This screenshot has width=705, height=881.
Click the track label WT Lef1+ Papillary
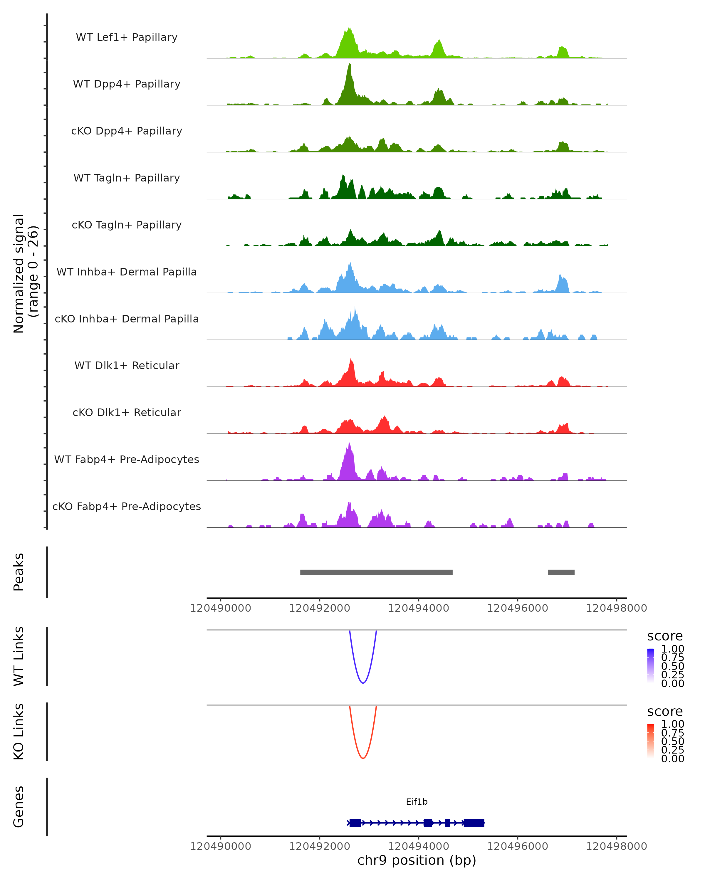[127, 37]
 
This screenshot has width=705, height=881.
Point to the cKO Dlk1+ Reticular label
[127, 412]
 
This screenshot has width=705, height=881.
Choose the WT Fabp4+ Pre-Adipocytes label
[127, 459]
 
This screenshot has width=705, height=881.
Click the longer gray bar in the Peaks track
[376, 572]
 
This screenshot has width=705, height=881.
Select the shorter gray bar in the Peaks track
[561, 572]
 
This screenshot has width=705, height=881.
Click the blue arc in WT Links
[363, 682]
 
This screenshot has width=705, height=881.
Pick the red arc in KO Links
[363, 758]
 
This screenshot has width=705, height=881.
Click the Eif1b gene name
[417, 802]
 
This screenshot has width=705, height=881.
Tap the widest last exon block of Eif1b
[474, 823]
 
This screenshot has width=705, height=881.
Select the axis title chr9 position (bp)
[417, 860]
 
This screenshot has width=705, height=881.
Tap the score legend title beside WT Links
[664, 636]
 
